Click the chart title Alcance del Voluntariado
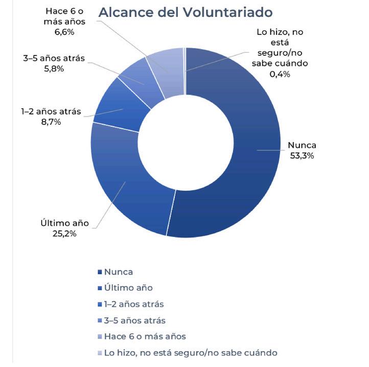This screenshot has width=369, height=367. coord(185,12)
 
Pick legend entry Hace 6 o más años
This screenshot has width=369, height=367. coord(145,336)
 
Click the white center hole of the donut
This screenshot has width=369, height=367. coord(185,143)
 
